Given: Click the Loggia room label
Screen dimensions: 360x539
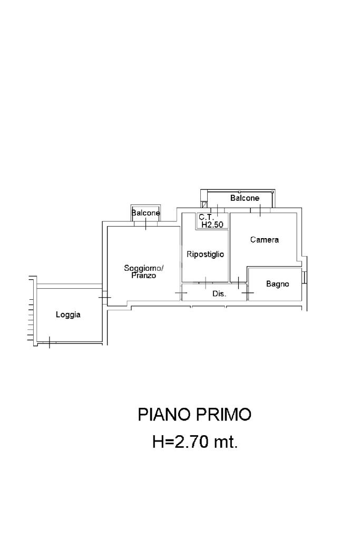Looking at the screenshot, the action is coord(68,315).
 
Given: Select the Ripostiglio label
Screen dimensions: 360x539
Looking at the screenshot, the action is coord(205,254).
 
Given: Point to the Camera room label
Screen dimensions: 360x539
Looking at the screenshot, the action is coord(265,240).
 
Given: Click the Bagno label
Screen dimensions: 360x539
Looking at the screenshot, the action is coord(277,284).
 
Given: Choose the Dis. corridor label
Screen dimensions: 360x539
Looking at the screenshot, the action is coord(219,294).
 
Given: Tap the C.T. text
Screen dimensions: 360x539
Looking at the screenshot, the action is coord(206,217).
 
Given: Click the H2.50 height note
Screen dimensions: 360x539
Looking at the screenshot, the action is coord(212,225).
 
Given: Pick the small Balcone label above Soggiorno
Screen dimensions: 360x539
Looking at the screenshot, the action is coord(146,213).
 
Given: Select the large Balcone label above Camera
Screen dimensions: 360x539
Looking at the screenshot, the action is coord(245,198).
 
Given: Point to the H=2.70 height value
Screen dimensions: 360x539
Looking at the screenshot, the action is coord(180,442).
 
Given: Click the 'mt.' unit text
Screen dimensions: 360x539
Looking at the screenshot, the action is coord(226,442).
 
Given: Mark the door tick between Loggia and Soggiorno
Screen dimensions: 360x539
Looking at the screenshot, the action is coord(104,297).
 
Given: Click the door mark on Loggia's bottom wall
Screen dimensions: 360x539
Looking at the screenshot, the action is coord(50,342).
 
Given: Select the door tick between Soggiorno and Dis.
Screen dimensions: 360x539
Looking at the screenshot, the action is coord(181,293).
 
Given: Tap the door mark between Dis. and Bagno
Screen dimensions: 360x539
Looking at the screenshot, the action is coord(248,293).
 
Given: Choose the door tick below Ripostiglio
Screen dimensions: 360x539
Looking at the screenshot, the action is coord(205,283).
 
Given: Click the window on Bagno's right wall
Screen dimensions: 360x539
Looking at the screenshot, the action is coord(305,277).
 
